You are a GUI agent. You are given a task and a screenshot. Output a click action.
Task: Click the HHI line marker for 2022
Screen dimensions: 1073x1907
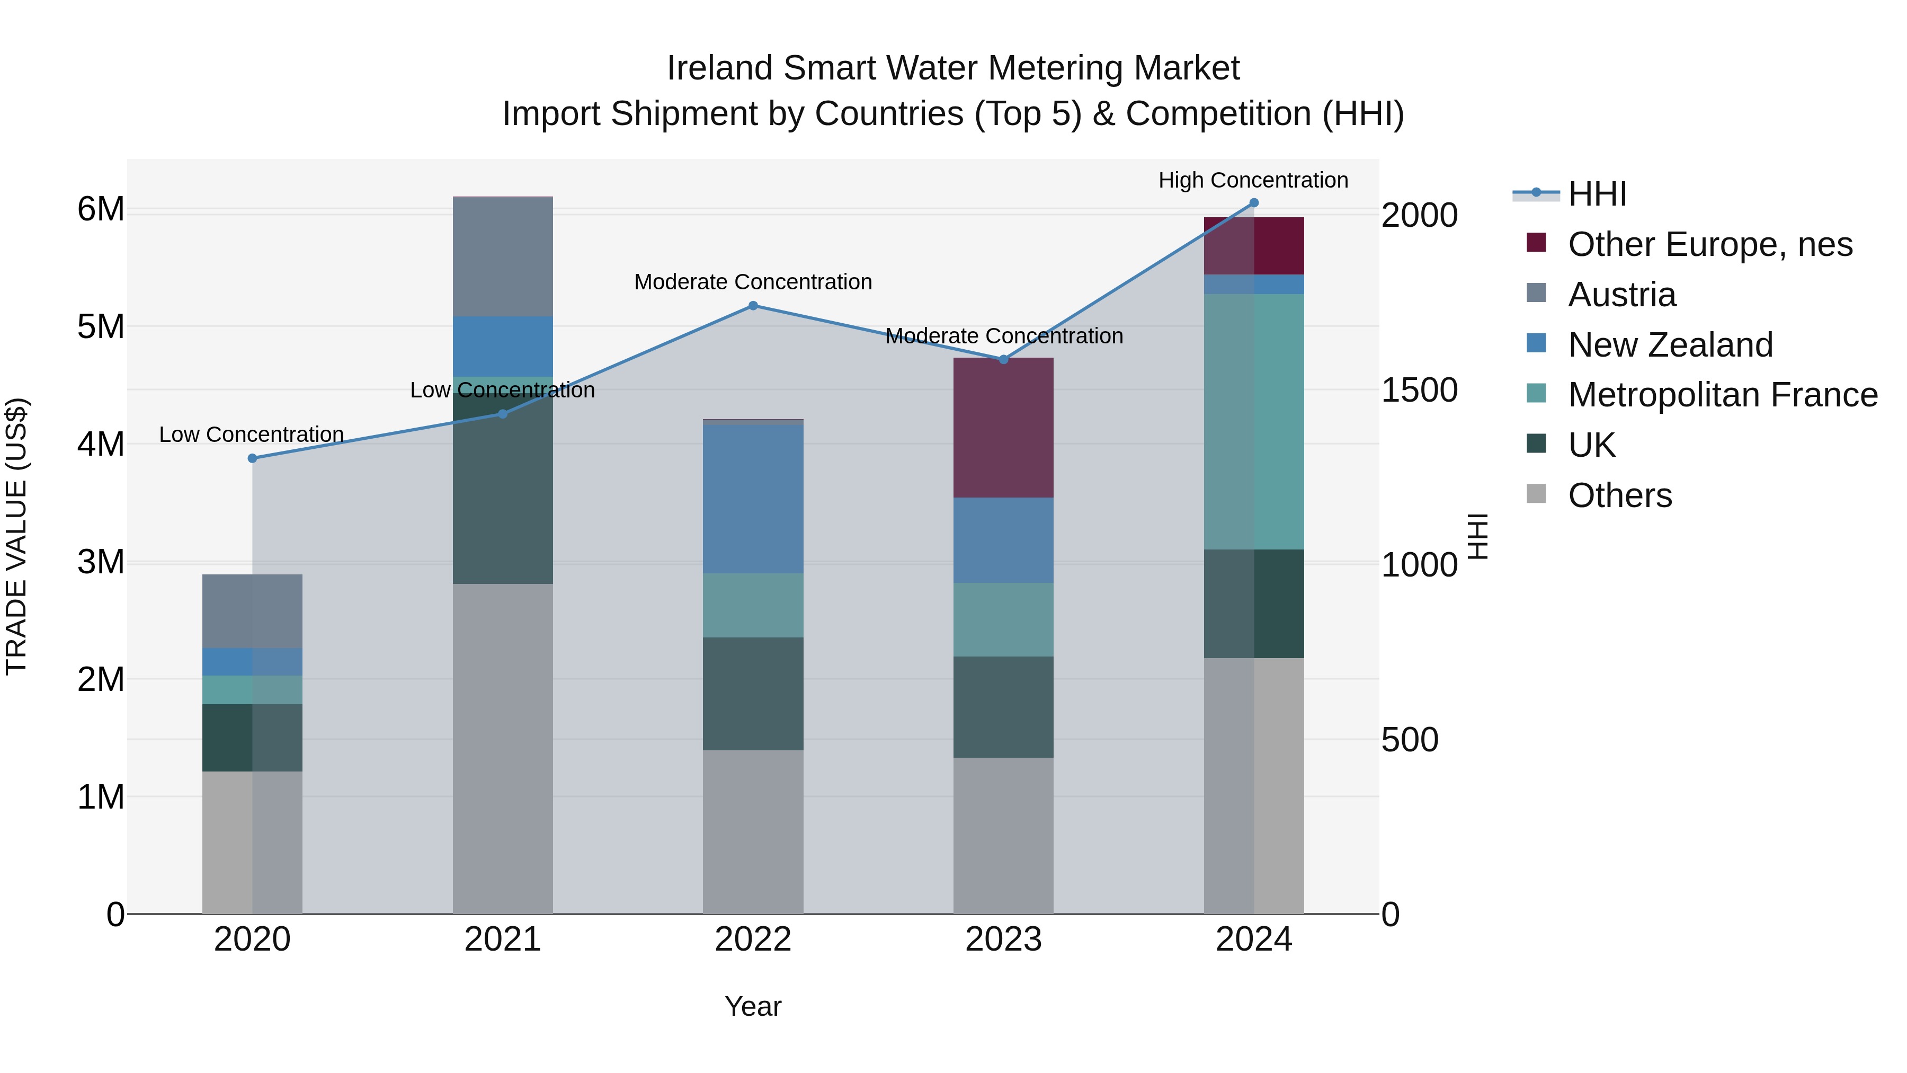[x=753, y=306]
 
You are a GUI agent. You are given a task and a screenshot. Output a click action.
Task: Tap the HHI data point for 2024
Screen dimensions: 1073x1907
[x=1254, y=203]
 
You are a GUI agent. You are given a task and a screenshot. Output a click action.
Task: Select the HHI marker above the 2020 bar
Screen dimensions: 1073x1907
[x=253, y=458]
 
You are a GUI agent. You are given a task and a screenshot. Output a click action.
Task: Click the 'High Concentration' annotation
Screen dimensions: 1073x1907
[x=1253, y=181]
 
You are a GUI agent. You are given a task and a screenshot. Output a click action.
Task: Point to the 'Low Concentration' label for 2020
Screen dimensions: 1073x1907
[x=251, y=434]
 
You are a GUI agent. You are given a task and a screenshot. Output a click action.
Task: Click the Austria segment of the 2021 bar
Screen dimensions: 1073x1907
[x=503, y=257]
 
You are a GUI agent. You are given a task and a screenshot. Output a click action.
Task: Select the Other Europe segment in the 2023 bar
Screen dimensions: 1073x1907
[x=1003, y=428]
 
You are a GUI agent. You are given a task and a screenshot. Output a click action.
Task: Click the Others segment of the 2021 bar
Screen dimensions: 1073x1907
[x=503, y=748]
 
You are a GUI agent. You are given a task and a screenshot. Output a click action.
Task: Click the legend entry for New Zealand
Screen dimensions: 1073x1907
[x=1670, y=345]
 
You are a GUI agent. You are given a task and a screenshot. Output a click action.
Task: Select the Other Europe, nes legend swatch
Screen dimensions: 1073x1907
[x=1536, y=243]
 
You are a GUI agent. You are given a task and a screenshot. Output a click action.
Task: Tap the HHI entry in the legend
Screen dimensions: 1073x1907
[x=1597, y=194]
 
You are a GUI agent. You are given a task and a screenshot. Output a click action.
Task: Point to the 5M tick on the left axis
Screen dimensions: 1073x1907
[x=101, y=326]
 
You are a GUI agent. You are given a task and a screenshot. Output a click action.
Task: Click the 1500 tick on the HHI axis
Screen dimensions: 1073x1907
[x=1419, y=390]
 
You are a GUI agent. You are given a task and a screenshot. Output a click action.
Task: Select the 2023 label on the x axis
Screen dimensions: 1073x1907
[x=1003, y=939]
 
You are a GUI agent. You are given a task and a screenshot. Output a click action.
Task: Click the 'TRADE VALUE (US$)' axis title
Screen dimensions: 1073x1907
[x=17, y=536]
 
